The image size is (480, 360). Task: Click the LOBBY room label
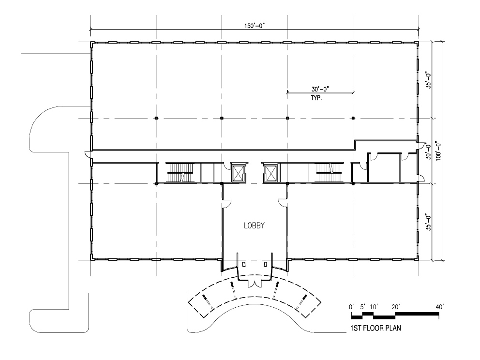tap(254, 225)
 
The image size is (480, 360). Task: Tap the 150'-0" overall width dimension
tap(254, 26)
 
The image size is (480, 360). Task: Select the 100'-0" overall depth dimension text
tap(438, 150)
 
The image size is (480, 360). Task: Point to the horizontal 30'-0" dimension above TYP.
tap(320, 89)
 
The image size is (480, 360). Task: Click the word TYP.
tap(316, 98)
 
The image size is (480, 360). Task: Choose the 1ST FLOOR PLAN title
tap(375, 328)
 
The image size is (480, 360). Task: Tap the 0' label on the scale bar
tap(351, 307)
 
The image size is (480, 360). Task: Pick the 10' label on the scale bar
tap(374, 307)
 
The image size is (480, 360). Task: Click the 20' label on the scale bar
tap(395, 307)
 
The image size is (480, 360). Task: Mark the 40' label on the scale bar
tap(439, 307)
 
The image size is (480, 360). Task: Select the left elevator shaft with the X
tap(239, 173)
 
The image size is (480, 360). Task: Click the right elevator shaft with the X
tap(270, 173)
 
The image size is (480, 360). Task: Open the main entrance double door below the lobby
tap(255, 284)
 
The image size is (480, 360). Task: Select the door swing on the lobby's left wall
tap(227, 203)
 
